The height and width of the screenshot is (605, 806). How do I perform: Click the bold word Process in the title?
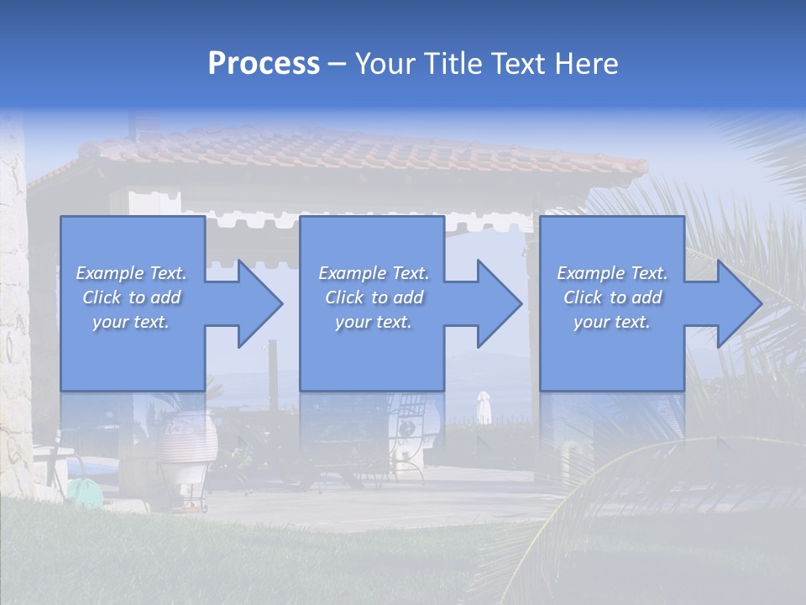[x=264, y=63]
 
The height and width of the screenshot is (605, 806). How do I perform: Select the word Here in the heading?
[x=587, y=63]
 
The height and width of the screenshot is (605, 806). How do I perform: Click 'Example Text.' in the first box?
[x=132, y=273]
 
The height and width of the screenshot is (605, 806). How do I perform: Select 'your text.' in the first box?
[x=131, y=322]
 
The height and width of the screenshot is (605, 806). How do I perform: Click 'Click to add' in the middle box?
[x=374, y=297]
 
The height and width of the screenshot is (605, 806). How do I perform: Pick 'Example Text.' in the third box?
[x=612, y=273]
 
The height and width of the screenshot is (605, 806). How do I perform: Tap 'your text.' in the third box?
[x=612, y=322]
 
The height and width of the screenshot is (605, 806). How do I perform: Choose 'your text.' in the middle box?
[x=374, y=322]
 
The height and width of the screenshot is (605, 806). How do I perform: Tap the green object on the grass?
[x=83, y=489]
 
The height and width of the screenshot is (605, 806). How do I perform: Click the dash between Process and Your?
[x=338, y=64]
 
